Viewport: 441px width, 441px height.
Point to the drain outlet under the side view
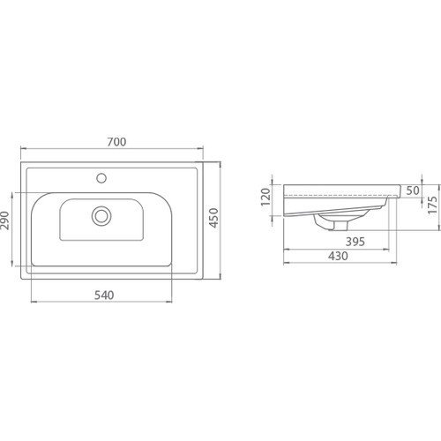click(x=325, y=227)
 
